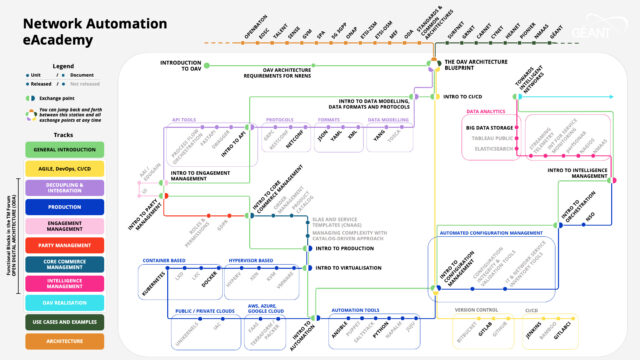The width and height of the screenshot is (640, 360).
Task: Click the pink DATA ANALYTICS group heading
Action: coord(486,112)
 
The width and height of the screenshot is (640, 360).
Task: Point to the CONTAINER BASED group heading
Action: coord(166,261)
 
